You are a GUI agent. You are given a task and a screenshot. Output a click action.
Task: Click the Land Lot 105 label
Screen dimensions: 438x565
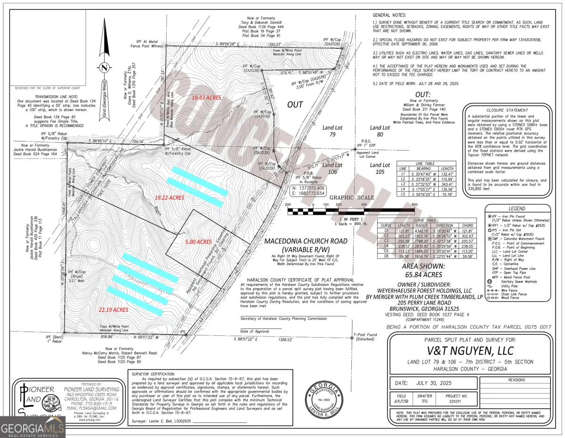point(380,165)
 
